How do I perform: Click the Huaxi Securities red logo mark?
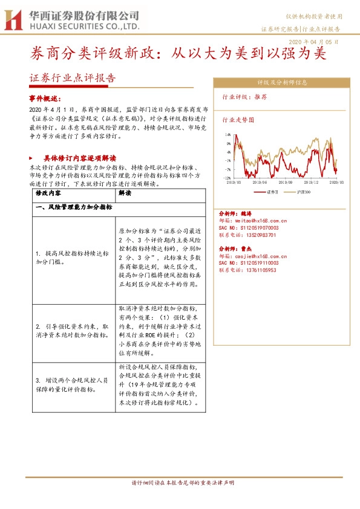tap(12, 19)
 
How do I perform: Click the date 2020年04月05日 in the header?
tap(314, 42)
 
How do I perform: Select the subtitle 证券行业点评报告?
tap(72, 78)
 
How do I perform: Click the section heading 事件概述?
tap(45, 99)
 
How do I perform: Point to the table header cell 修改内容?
tap(48, 193)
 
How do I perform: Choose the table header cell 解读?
tap(125, 193)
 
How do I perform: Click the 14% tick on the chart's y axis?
tap(227, 135)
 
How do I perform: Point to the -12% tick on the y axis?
tap(227, 178)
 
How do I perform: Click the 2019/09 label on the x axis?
tap(286, 182)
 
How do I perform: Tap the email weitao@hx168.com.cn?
tap(261, 221)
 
